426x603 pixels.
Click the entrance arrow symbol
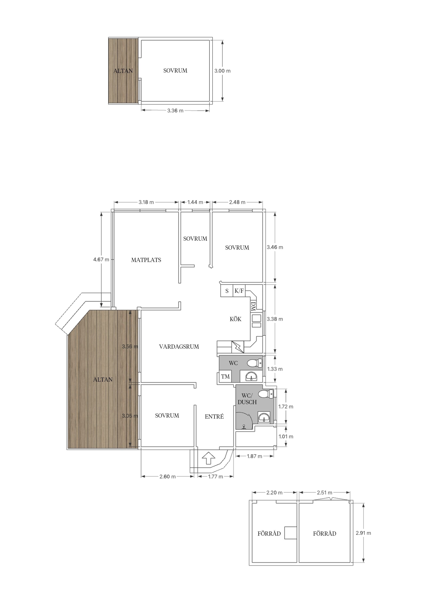(x=209, y=458)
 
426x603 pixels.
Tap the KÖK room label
(x=236, y=319)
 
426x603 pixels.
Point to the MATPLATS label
(x=146, y=260)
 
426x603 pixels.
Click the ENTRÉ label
(x=214, y=416)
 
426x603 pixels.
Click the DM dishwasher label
(x=253, y=306)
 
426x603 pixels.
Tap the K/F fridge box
(x=239, y=291)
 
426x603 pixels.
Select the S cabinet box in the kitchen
(x=227, y=291)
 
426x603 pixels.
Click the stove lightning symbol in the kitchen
(x=238, y=347)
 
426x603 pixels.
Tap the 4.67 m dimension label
(x=101, y=260)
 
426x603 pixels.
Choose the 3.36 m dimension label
(x=175, y=111)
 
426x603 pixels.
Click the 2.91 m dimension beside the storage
(x=363, y=533)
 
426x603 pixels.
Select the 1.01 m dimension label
(x=286, y=436)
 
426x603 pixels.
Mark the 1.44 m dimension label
(x=195, y=202)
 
